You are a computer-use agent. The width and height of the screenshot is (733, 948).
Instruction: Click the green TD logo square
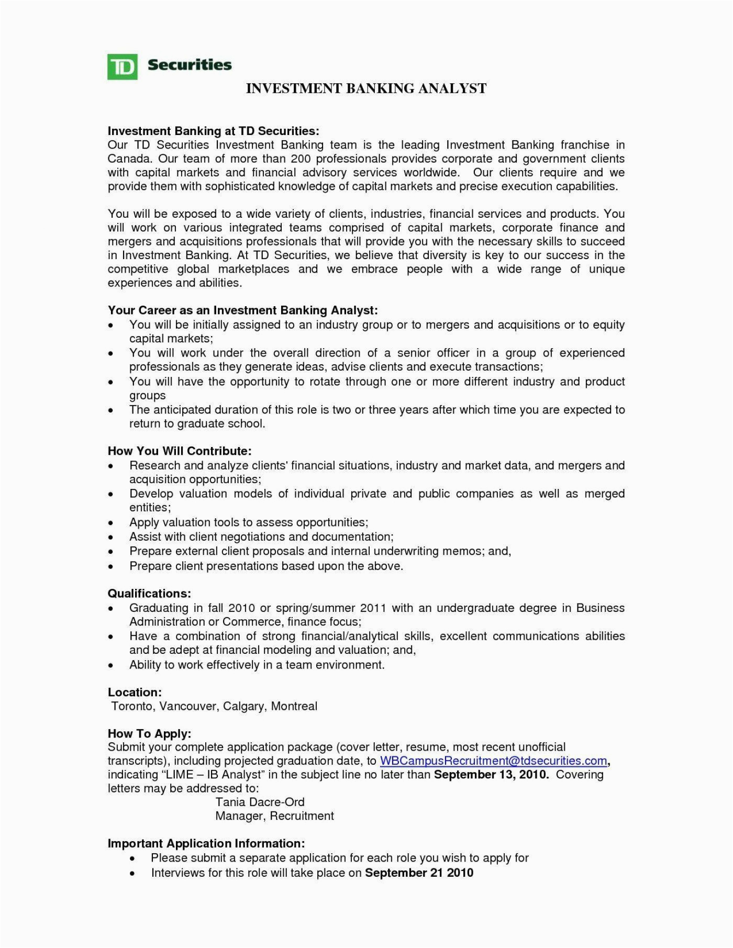(122, 66)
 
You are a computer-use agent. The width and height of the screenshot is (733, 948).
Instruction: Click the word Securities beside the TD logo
(189, 65)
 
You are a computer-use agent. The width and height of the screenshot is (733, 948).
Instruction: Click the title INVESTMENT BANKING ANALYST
(366, 88)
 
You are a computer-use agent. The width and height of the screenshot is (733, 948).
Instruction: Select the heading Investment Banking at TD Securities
(213, 130)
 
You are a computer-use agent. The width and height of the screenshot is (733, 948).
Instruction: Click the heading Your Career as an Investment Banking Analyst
(242, 310)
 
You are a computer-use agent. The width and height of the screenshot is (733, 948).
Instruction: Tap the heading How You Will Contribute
(180, 451)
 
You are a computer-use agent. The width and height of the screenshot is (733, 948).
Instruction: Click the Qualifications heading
(149, 594)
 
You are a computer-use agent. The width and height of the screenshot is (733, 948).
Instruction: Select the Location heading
(135, 693)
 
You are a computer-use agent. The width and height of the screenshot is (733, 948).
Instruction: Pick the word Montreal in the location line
(294, 706)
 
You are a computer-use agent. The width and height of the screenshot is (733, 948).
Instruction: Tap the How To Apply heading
(149, 734)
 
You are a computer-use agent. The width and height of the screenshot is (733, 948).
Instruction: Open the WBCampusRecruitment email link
(493, 761)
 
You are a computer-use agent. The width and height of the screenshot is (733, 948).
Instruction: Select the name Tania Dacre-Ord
(260, 802)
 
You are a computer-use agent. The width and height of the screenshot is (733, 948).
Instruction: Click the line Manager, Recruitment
(274, 816)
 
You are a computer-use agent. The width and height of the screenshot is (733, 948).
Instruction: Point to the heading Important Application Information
(206, 843)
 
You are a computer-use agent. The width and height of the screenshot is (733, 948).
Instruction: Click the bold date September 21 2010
(419, 873)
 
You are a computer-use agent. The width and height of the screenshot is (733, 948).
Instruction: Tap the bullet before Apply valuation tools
(111, 523)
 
